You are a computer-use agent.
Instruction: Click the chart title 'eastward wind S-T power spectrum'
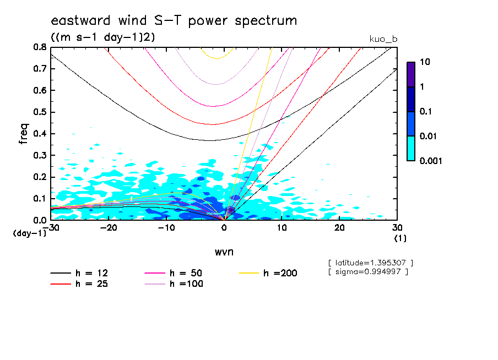tap(174, 21)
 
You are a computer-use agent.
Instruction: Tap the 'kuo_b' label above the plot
tap(383, 39)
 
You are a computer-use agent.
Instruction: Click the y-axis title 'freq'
tap(24, 133)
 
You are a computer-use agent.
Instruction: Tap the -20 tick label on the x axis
tap(109, 228)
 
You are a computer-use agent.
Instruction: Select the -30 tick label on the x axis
tap(51, 228)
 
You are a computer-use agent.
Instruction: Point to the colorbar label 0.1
tap(426, 112)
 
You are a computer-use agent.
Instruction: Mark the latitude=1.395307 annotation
tap(370, 263)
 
